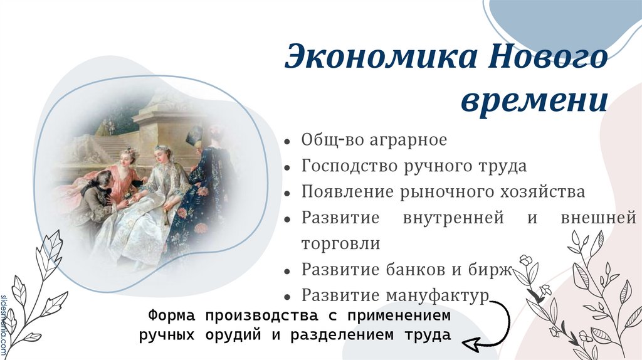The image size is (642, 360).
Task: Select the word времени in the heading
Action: (534, 100)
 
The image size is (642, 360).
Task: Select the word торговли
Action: (341, 243)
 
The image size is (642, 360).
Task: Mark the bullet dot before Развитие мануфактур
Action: (287, 297)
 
